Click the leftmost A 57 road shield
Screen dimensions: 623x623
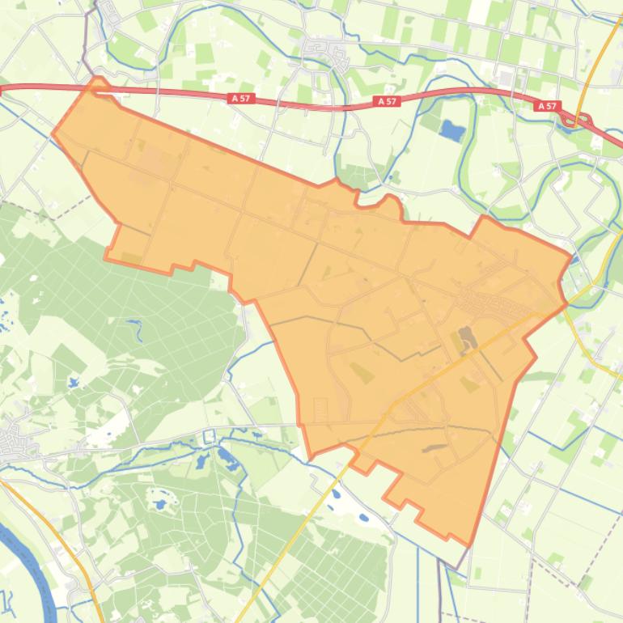[x=241, y=98]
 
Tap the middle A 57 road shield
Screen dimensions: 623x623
[x=388, y=101]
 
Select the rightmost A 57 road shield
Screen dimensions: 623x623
[x=548, y=106]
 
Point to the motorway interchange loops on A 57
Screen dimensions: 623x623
[x=580, y=121]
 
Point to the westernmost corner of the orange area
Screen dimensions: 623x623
[x=53, y=133]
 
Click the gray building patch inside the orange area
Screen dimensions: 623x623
[x=466, y=336]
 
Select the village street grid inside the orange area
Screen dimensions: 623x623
[x=494, y=306]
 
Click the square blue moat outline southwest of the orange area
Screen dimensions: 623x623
[x=209, y=437]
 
